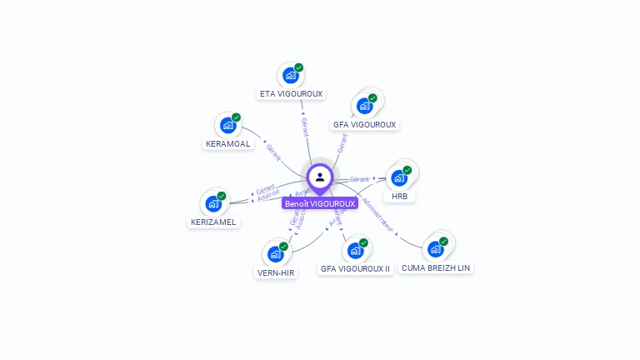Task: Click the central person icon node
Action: (320, 177)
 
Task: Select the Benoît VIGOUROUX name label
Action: (320, 203)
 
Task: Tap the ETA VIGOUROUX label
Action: (291, 94)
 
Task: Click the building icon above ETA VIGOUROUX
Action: (291, 75)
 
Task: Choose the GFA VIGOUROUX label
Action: (364, 124)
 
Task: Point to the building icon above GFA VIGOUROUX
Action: (364, 106)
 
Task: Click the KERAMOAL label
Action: (227, 143)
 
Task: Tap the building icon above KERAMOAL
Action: (227, 125)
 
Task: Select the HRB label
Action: (399, 197)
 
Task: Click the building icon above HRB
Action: (399, 177)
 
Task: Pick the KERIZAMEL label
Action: (213, 222)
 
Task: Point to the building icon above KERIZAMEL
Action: (213, 203)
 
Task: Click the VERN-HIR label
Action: (275, 272)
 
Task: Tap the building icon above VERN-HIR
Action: (275, 253)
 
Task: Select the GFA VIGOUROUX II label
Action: (355, 269)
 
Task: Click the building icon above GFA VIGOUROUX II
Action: (355, 250)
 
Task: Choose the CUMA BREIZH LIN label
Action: (436, 267)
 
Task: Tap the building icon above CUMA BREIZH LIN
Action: (436, 248)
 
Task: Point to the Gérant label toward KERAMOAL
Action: (273, 152)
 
